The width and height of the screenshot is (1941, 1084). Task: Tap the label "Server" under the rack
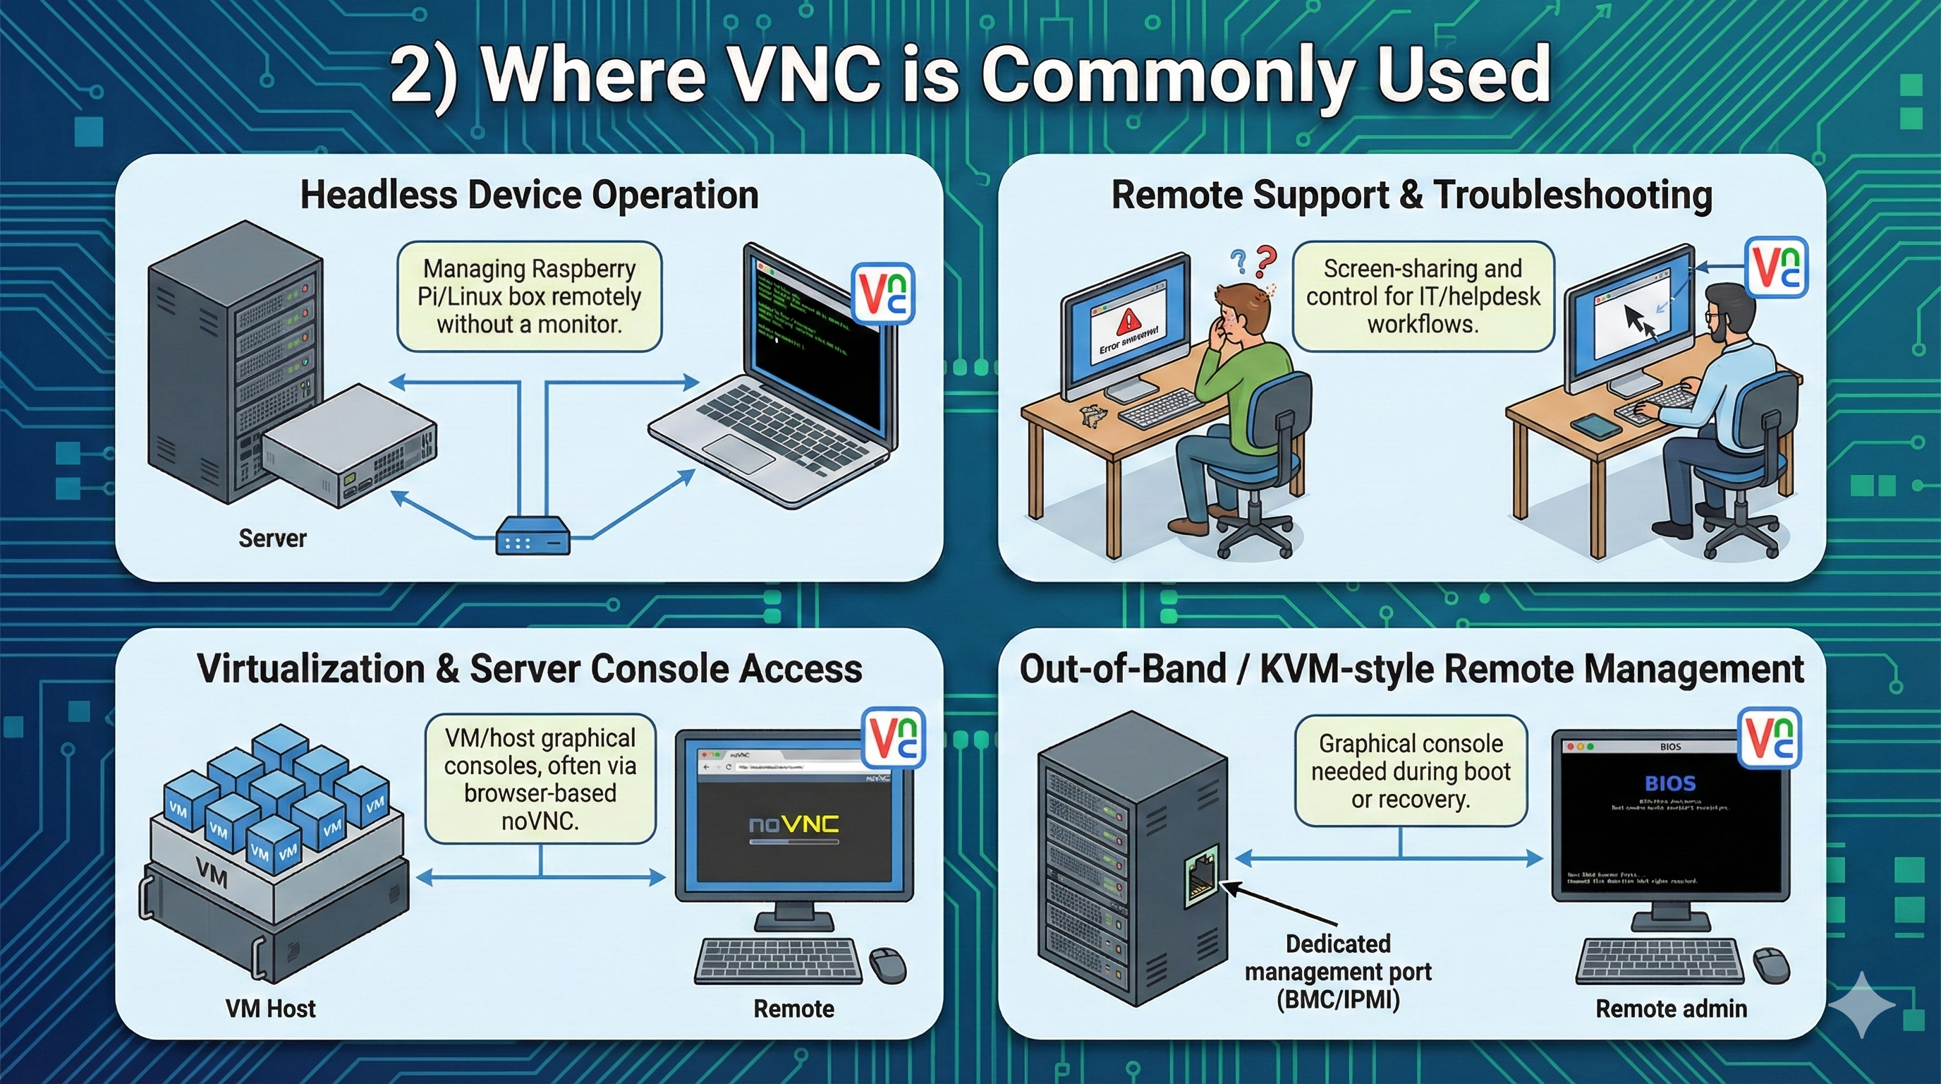[272, 538]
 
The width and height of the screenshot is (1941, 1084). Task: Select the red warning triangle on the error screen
[1128, 322]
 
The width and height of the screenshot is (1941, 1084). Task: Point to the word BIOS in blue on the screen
[1669, 783]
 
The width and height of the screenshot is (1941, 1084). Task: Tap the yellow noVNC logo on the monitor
[793, 825]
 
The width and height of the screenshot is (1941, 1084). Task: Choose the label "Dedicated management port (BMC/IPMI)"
[1337, 972]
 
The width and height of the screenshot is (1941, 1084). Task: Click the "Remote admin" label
[1670, 1008]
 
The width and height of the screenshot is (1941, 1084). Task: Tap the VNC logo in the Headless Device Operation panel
[882, 294]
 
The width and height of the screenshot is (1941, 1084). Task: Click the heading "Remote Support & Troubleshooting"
[1411, 195]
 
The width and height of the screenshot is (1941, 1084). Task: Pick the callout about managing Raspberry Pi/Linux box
[529, 296]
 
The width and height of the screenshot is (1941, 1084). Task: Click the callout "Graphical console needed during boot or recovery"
[1411, 771]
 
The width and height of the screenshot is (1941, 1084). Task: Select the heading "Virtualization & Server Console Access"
[529, 668]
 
